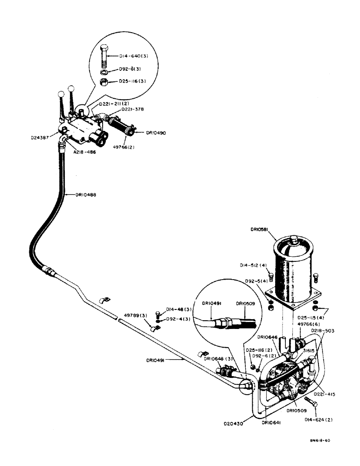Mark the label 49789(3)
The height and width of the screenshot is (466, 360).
(135, 315)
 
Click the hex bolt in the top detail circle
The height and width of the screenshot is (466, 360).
(105, 55)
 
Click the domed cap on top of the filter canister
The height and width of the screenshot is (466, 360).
(293, 241)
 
